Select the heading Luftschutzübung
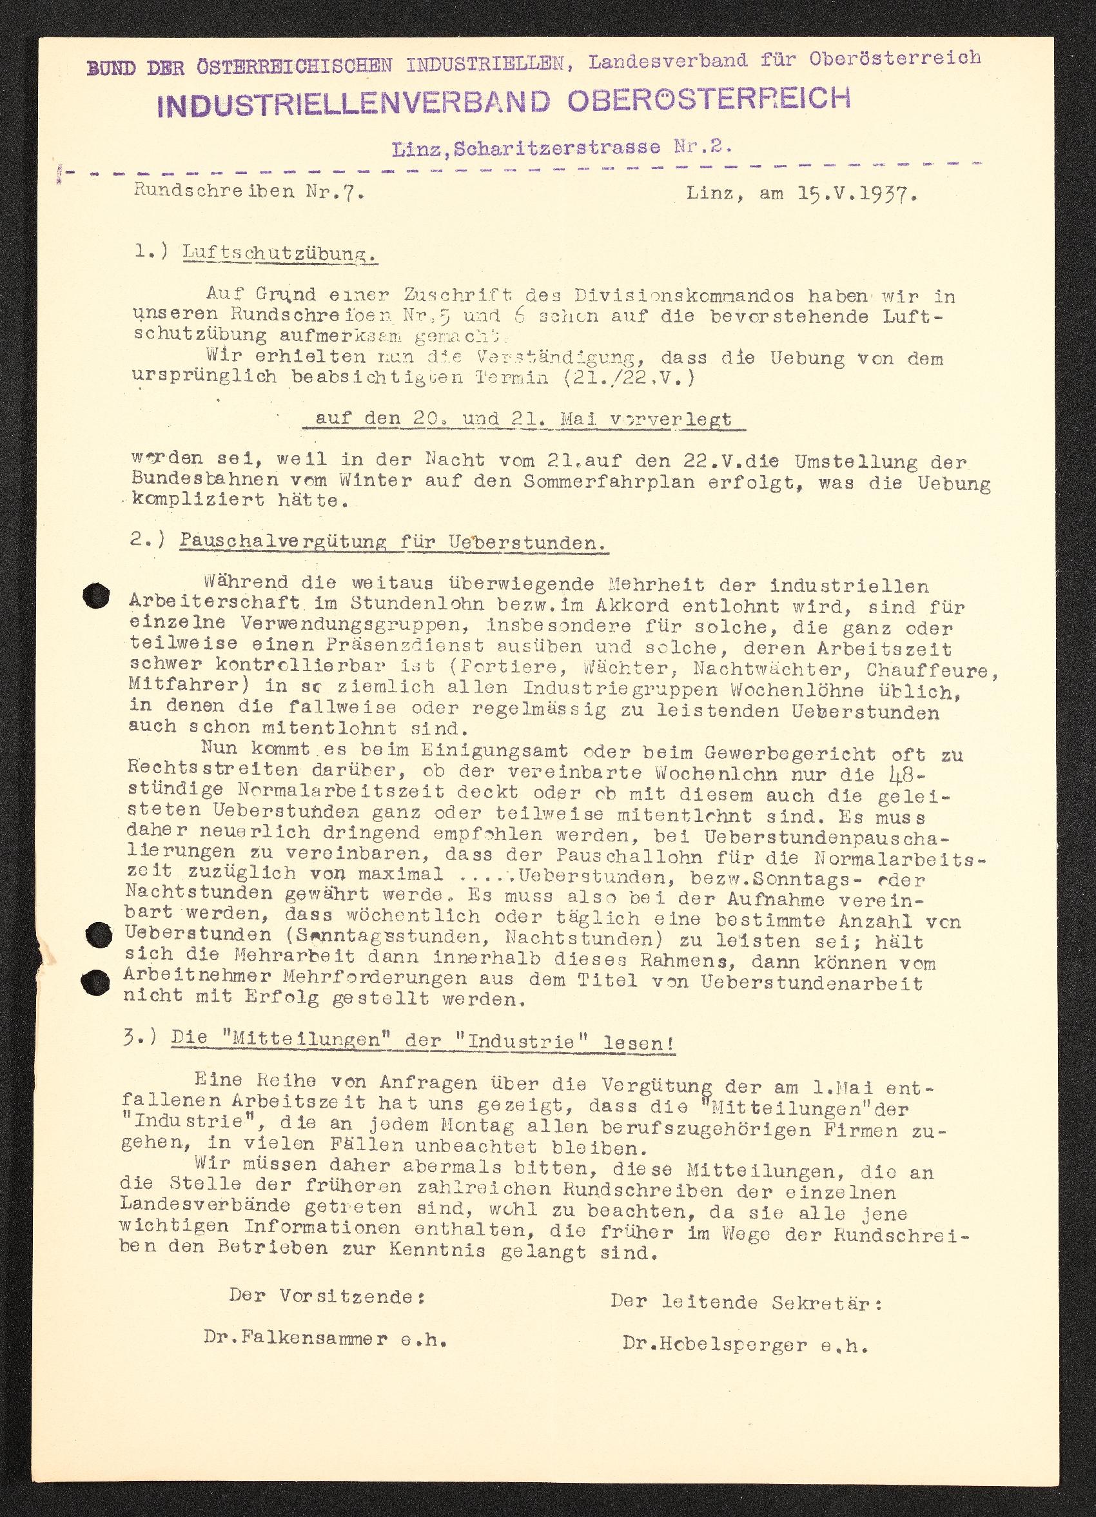click(x=280, y=255)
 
